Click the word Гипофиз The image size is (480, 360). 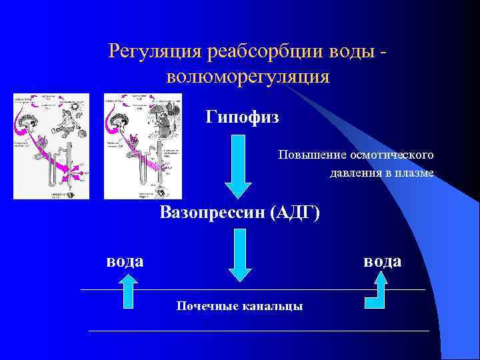pyautogui.click(x=242, y=118)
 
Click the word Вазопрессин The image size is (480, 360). pyautogui.click(x=210, y=213)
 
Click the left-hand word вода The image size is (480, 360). pyautogui.click(x=125, y=260)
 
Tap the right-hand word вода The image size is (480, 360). pyautogui.click(x=382, y=260)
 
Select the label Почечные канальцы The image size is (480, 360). pyautogui.click(x=239, y=306)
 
